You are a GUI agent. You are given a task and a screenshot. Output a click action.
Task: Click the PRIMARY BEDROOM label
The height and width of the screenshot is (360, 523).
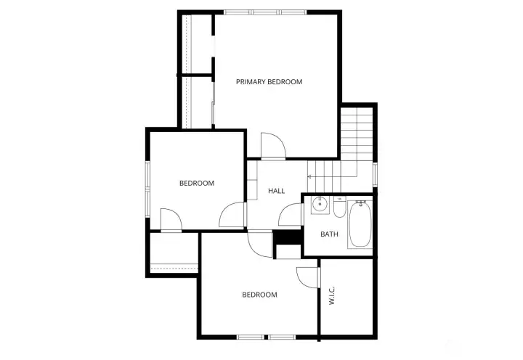pos(269,82)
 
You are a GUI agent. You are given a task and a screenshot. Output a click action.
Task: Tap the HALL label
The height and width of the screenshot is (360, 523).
pos(276,191)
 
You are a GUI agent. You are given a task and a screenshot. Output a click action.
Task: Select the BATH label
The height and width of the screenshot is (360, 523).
pos(330,234)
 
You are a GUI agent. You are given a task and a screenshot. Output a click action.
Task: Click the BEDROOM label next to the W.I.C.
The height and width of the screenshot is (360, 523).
pos(259,295)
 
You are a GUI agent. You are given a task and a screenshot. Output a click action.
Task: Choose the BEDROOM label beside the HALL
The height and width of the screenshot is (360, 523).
pos(197,183)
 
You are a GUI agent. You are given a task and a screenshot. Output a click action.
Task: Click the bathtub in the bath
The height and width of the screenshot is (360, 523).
pos(360,225)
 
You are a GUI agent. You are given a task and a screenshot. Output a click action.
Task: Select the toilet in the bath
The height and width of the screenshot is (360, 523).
pos(339,208)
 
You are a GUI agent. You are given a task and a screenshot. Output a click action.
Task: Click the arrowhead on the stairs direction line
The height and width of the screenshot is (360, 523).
pos(309,176)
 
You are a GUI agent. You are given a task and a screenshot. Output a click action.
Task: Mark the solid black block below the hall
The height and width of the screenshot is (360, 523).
pos(288,237)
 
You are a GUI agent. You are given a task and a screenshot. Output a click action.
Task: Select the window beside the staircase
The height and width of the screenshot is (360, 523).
pos(376,174)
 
